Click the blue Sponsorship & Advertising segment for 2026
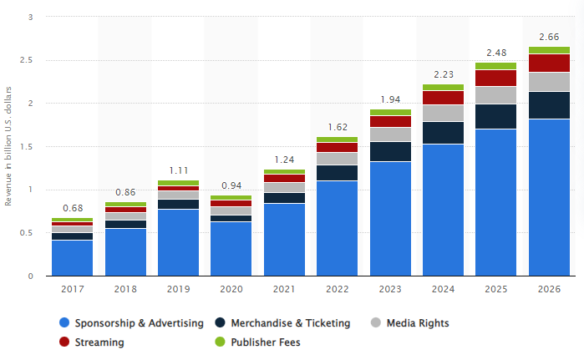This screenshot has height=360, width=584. [550, 197]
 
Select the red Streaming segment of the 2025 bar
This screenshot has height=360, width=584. [496, 78]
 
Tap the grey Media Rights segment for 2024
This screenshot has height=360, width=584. [444, 113]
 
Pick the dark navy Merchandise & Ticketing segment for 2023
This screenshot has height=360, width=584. [390, 151]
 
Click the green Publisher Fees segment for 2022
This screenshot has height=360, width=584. [337, 139]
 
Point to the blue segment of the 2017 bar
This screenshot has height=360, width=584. [72, 258]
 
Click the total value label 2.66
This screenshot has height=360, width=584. [550, 37]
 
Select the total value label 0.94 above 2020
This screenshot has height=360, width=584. [231, 185]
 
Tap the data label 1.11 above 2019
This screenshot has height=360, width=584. [178, 170]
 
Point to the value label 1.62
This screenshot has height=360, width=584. [337, 127]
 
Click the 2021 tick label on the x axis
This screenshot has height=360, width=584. [284, 289]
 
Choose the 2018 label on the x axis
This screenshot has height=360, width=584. [124, 289]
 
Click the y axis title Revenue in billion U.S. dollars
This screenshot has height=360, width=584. [9, 147]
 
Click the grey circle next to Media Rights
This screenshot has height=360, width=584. [376, 322]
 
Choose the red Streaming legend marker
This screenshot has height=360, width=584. [63, 342]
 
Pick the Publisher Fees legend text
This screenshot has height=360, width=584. [266, 342]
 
